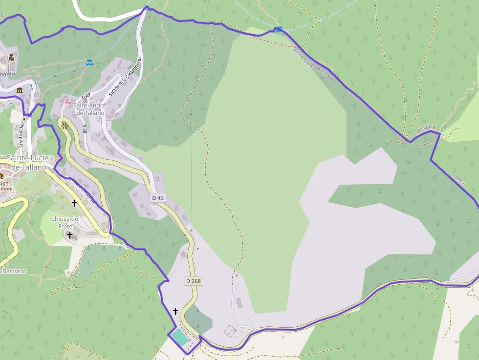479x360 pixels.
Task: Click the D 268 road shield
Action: [194, 281]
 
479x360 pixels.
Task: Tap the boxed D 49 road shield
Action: [158, 197]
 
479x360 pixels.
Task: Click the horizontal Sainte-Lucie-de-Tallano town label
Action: [26, 163]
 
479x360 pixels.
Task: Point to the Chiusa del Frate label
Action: [65, 222]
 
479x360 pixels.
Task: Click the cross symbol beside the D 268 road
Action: [175, 311]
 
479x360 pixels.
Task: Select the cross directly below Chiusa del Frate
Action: [70, 235]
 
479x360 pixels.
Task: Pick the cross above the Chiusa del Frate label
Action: [74, 203]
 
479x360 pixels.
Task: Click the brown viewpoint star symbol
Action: [65, 126]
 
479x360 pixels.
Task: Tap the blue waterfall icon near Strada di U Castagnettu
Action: [89, 62]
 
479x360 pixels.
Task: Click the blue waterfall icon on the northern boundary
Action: [279, 29]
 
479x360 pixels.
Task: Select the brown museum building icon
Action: [20, 91]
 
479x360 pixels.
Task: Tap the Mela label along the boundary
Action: [459, 179]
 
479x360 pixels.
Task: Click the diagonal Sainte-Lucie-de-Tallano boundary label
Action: [313, 64]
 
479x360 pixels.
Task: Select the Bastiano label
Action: [15, 271]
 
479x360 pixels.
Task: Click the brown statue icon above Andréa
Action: [11, 58]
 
